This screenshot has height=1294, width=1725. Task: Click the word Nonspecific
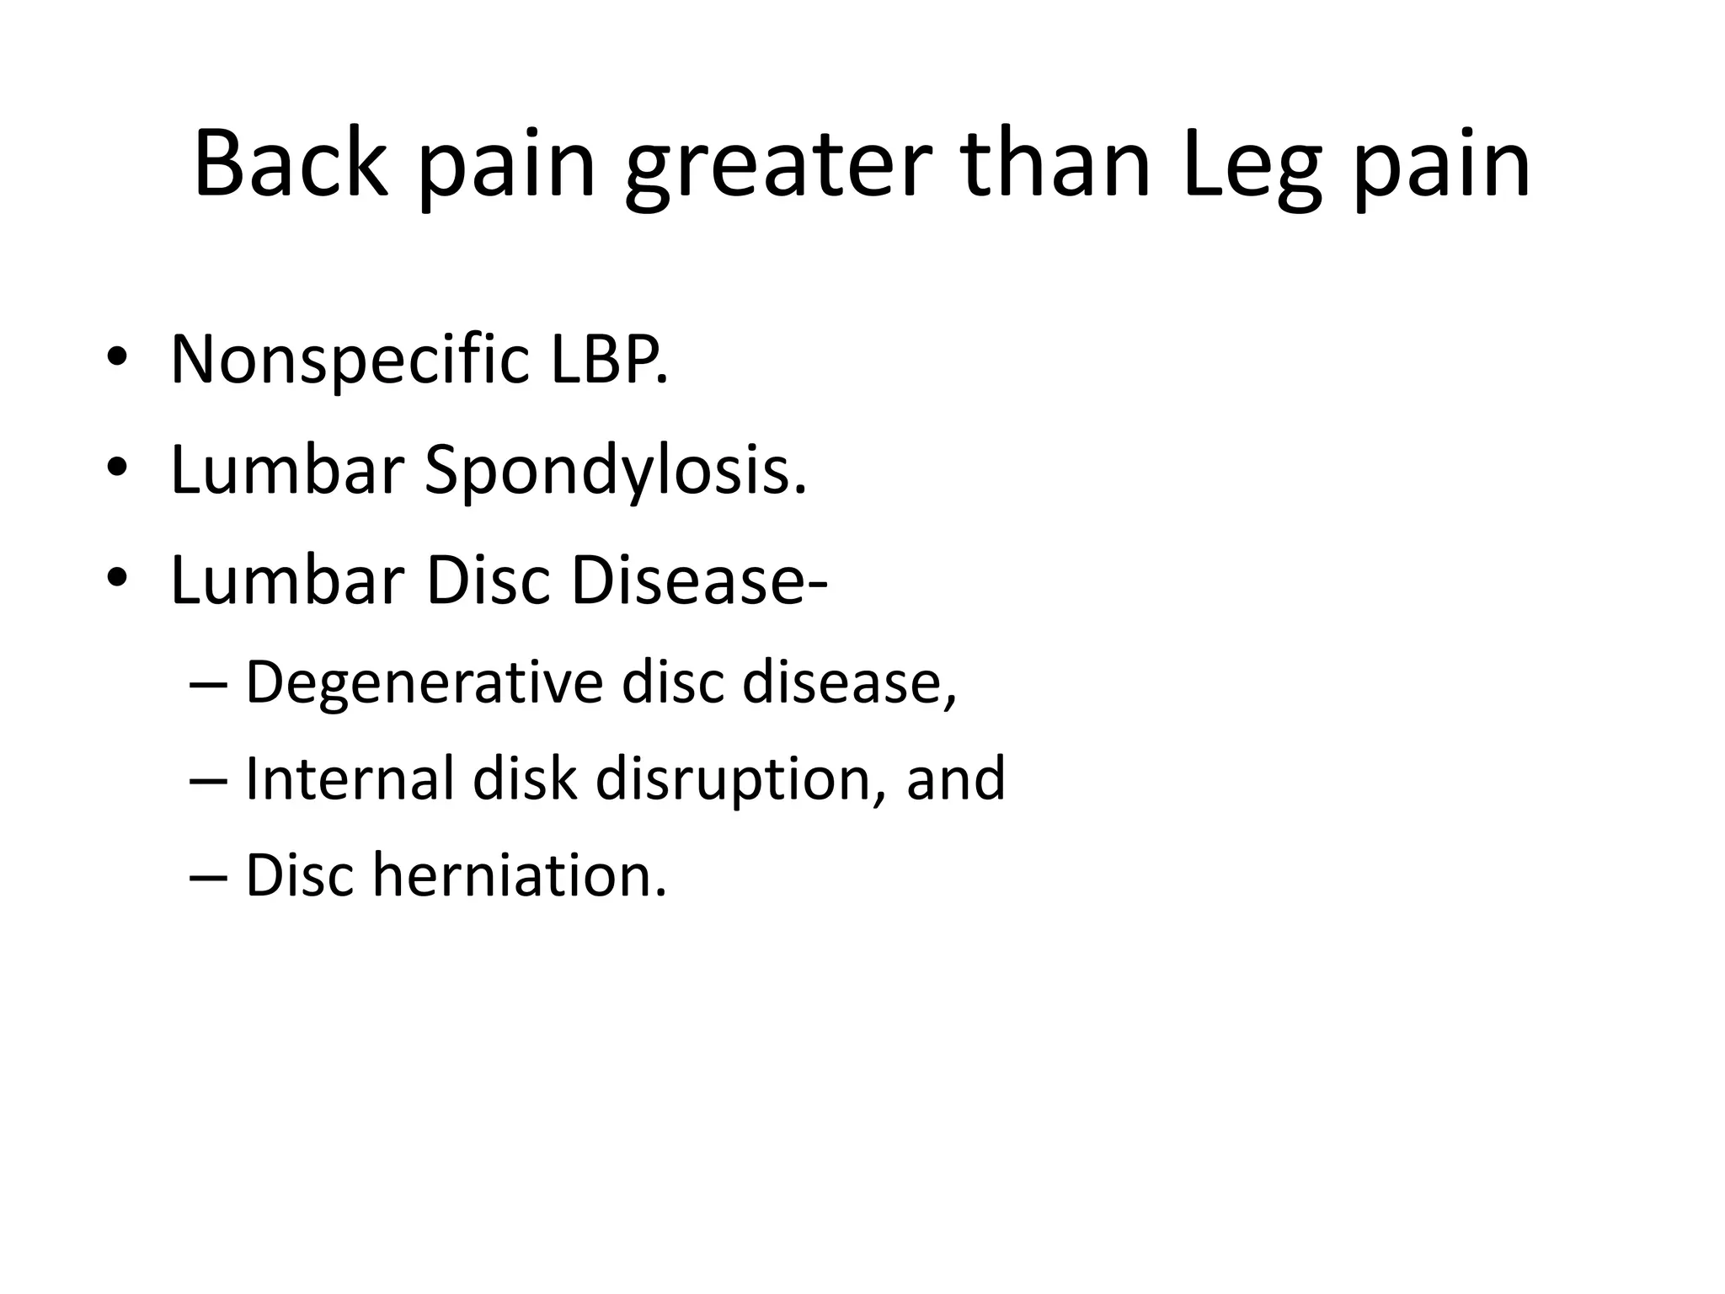pyautogui.click(x=350, y=361)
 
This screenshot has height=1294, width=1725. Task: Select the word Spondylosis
pyautogui.click(x=615, y=473)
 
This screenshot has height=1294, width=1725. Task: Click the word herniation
pyautogui.click(x=519, y=875)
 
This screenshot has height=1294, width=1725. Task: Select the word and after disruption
pyautogui.click(x=956, y=778)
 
